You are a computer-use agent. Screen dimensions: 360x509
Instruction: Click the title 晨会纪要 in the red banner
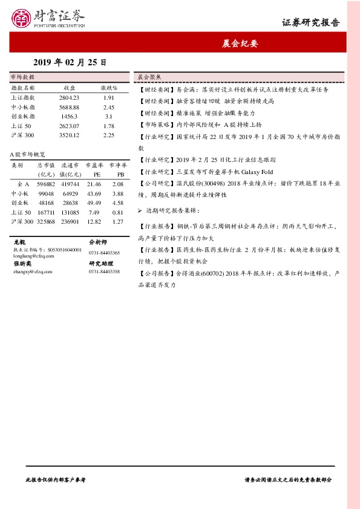pos(239,44)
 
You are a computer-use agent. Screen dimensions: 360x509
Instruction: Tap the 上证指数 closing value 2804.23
pos(69,97)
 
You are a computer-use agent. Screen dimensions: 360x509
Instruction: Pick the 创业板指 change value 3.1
pos(109,116)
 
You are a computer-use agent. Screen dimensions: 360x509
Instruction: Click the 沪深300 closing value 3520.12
pos(69,135)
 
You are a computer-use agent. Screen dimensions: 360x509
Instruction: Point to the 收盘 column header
pos(69,88)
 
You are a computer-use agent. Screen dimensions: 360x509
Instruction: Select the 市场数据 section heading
pos(23,77)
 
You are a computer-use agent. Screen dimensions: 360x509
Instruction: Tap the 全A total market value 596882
pos(46,184)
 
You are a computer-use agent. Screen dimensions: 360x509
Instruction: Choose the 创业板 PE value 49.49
pos(94,203)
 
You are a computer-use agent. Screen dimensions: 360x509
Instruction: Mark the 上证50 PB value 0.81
pos(118,212)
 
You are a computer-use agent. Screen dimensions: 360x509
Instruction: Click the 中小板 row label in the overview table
pos(20,193)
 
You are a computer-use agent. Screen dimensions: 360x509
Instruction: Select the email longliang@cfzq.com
pos(32,256)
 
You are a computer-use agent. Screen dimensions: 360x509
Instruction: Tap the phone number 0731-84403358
pos(104,272)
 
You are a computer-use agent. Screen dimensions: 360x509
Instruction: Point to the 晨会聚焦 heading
pos(148,77)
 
